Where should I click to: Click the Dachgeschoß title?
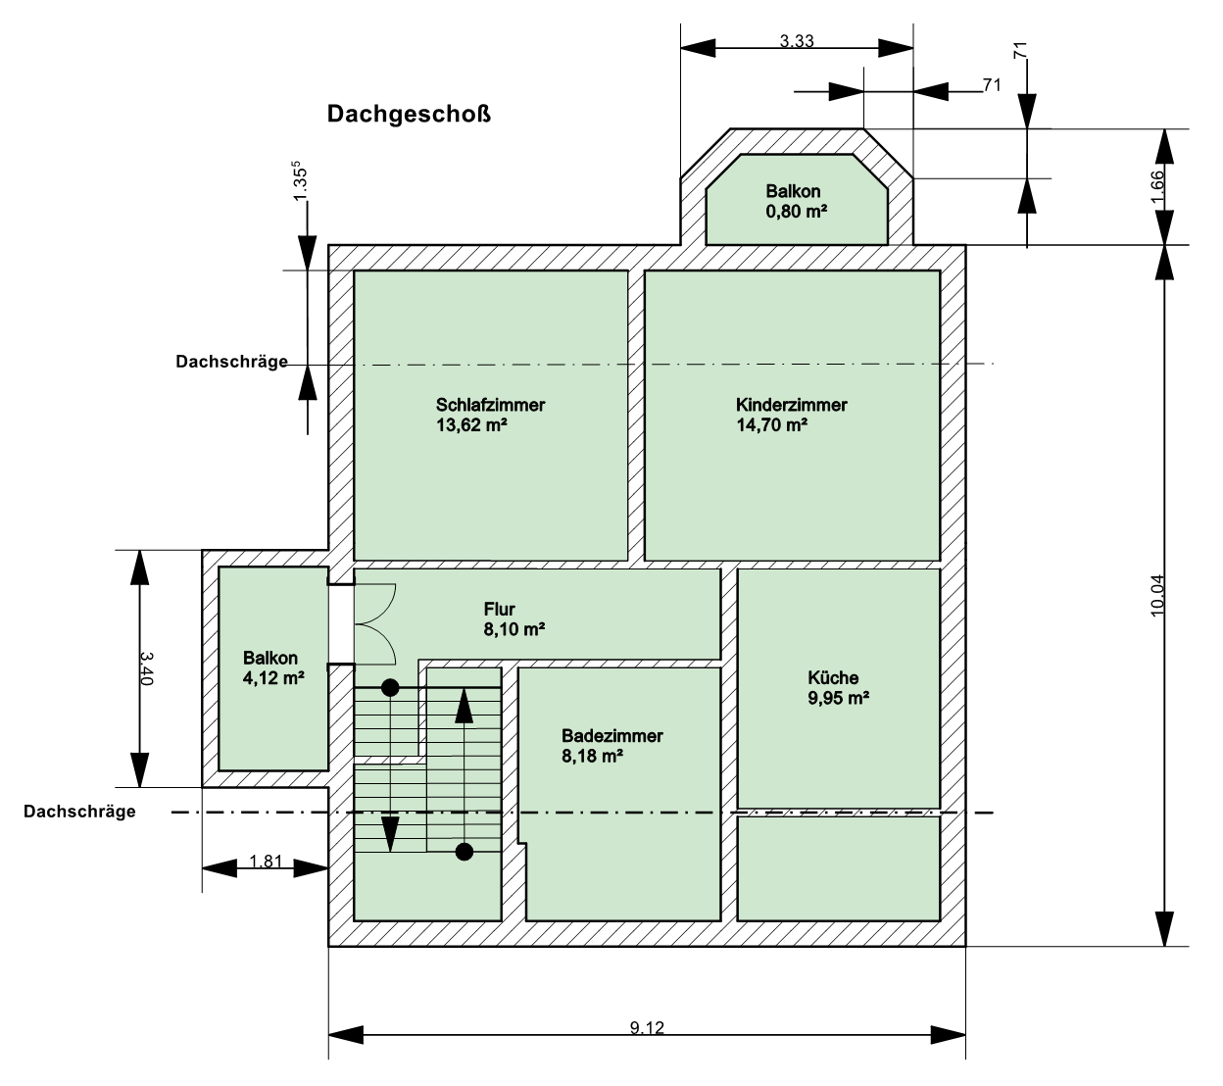coord(409,114)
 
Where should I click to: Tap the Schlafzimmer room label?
coord(490,405)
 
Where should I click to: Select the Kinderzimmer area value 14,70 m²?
coord(771,425)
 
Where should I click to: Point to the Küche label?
coord(833,677)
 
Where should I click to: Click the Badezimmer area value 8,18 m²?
coord(592,756)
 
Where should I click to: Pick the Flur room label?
coord(499,609)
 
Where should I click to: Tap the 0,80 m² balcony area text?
coord(796,212)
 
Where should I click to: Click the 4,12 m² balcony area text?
coord(272,678)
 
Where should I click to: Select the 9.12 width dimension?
coord(647,1027)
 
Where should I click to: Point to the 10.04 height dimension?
coord(1156,595)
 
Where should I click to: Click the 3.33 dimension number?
coord(797,41)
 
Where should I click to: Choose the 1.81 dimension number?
coord(266,861)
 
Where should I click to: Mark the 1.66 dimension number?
coord(1156,188)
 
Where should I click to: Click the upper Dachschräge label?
coord(231,362)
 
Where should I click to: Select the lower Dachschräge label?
coord(79,812)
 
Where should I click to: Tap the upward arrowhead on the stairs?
coord(464,706)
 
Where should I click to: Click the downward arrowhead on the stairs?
coord(390,834)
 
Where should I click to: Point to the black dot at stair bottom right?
coord(465,852)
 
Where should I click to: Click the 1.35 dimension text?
coord(300,181)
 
